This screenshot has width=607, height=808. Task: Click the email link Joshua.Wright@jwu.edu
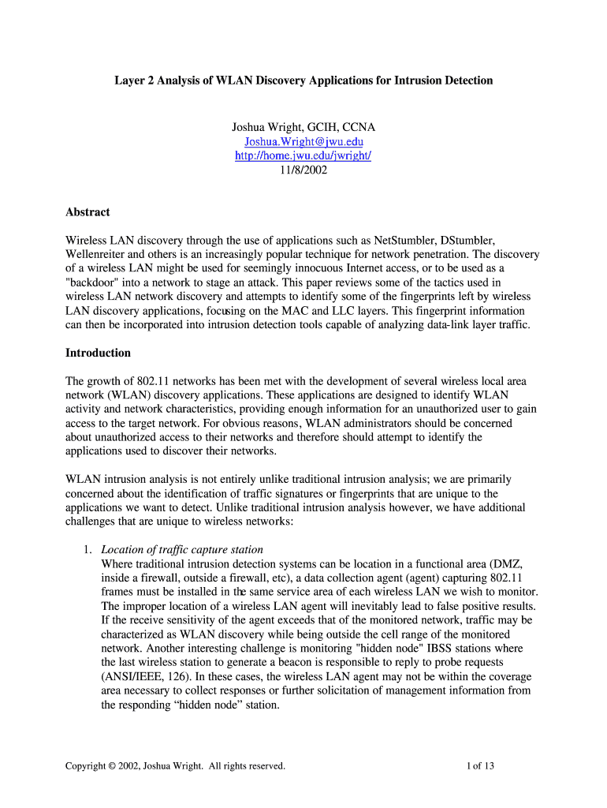pyautogui.click(x=303, y=141)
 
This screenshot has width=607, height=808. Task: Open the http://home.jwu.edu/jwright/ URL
pyautogui.click(x=303, y=155)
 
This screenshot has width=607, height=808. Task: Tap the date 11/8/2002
pyautogui.click(x=303, y=170)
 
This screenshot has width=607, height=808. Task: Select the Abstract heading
pyautogui.click(x=88, y=212)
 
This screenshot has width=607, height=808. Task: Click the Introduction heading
pyautogui.click(x=98, y=353)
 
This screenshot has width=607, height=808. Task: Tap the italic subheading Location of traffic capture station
pyautogui.click(x=182, y=549)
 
